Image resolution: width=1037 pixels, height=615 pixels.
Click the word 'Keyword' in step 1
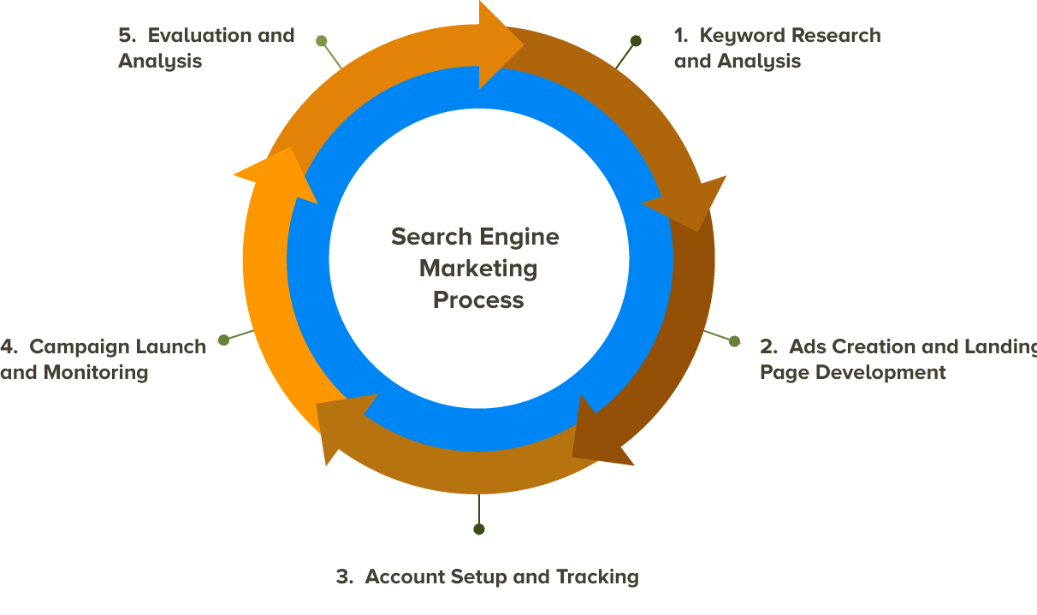click(739, 36)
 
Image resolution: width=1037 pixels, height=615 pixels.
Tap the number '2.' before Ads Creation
click(768, 346)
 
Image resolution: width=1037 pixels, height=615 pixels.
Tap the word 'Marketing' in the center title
click(477, 269)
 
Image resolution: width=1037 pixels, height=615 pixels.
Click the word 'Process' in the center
click(477, 300)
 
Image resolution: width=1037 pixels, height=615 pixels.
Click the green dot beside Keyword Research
click(636, 40)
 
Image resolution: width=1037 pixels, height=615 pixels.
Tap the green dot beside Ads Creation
click(734, 341)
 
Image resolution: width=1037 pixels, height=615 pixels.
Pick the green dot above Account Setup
click(479, 529)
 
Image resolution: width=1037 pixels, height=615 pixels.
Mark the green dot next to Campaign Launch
click(224, 340)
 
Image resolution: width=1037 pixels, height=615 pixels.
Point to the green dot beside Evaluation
click(322, 40)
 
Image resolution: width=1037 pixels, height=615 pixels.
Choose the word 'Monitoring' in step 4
click(96, 373)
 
